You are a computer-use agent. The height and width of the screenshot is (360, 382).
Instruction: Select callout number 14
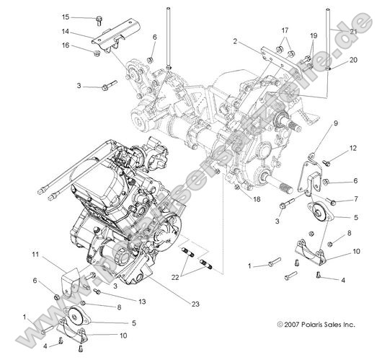coord(66,32)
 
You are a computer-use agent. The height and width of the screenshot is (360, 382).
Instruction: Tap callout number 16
coord(66,45)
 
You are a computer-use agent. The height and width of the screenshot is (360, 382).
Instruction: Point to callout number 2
coord(235,43)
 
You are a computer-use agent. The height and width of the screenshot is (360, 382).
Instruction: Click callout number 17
coord(285,30)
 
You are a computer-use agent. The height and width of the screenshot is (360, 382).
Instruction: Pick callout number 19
coord(314,35)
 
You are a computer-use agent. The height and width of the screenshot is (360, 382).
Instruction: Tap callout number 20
coord(352,61)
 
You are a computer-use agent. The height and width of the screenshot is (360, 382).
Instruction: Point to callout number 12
coord(353,148)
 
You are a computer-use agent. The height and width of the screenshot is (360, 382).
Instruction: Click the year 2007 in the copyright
coord(287,325)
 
